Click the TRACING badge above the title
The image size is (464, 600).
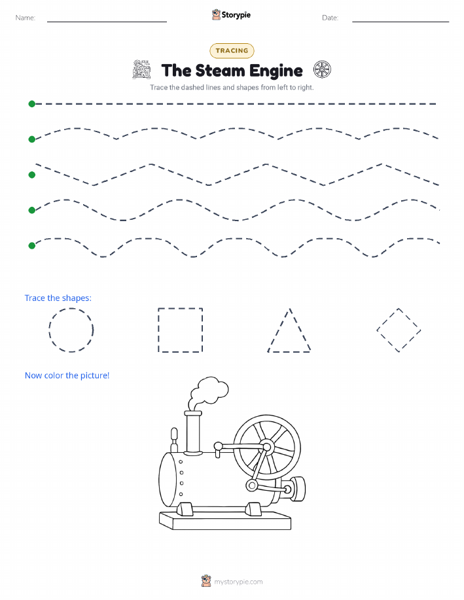coord(232,50)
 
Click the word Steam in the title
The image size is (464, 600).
coord(219,71)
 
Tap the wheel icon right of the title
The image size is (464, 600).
coord(322,69)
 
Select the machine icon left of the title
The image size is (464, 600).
coord(141,69)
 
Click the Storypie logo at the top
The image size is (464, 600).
coord(231,15)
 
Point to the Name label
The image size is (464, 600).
coord(26,18)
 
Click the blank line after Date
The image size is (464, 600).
coord(401,22)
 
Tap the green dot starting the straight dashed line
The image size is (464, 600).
coord(32,103)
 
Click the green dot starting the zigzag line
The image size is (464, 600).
coord(32,175)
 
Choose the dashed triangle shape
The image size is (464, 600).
coord(279,330)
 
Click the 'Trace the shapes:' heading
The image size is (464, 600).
coord(58,298)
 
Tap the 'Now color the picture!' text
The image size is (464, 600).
coord(67,376)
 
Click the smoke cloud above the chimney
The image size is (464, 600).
coord(209,389)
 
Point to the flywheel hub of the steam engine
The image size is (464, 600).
coord(267,446)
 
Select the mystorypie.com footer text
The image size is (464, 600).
coord(238,582)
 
